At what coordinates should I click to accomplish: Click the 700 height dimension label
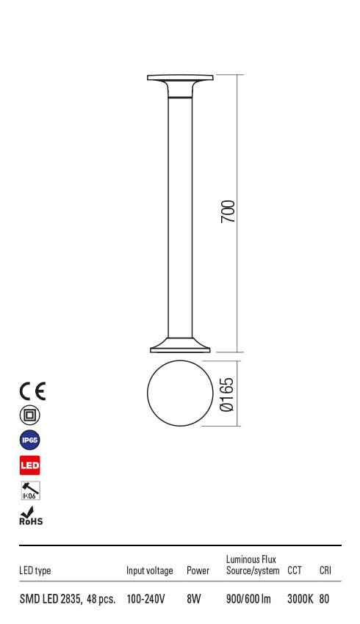pos(228,212)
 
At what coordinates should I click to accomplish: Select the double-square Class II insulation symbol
pos(30,416)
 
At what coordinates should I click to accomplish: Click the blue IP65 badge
pos(30,440)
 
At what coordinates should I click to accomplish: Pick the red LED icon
pos(30,465)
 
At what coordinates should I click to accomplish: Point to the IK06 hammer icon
pos(30,490)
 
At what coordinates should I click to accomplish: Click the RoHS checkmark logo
pos(30,516)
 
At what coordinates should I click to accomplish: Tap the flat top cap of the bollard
pos(180,78)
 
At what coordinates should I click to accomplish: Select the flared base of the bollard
pos(180,345)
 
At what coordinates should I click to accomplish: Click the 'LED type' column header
pos(35,570)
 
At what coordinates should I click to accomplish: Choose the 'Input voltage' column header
pos(150,570)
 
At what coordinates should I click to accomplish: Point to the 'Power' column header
pos(198,570)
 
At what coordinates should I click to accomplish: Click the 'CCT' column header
pos(294,570)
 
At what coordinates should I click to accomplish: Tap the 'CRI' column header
pos(325,570)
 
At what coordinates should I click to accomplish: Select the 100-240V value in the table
pos(145,599)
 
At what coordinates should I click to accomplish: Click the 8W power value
pos(194,599)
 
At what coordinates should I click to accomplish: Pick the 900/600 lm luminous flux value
pos(248,599)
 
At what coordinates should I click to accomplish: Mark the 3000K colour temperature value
pos(300,599)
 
